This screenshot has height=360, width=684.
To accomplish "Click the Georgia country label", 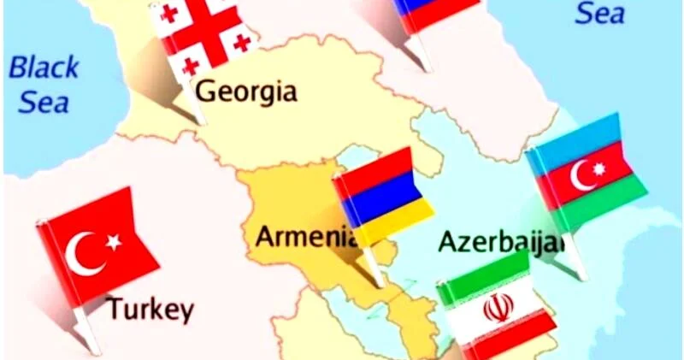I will pyautogui.click(x=246, y=91).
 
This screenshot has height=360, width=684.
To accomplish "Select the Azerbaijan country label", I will pyautogui.click(x=501, y=241).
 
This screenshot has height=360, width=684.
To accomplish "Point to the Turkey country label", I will pyautogui.click(x=150, y=309).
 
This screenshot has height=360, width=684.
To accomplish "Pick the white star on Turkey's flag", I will pyautogui.click(x=113, y=242).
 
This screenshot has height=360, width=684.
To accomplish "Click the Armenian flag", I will pyautogui.click(x=382, y=197).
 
